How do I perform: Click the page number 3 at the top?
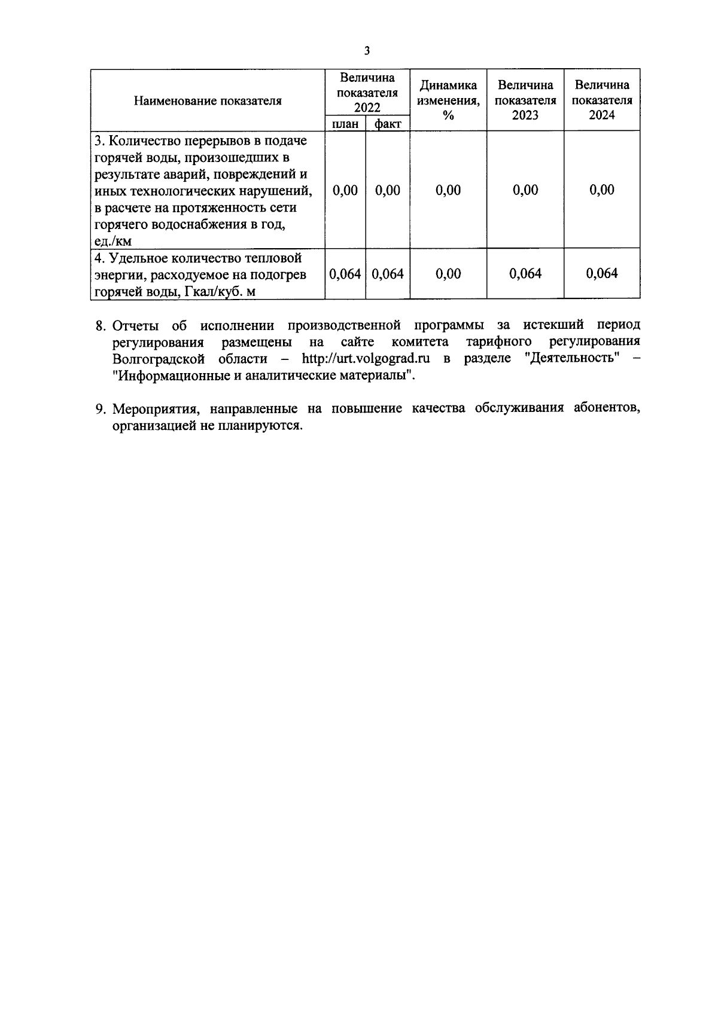pos(367,51)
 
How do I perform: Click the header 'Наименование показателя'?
pos(208,100)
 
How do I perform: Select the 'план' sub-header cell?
pos(345,124)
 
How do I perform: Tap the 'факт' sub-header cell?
pos(388,124)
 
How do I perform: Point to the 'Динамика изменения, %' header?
pos(448,100)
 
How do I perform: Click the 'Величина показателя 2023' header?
pos(525,100)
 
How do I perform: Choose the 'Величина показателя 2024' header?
pos(602,100)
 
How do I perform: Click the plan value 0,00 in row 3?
pos(345,190)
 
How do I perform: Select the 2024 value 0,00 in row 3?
pos(602,190)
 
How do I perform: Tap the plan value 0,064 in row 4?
pos(345,274)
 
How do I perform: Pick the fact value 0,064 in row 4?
pos(388,274)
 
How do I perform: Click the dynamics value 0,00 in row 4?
pos(448,274)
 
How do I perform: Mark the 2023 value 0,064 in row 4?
pos(525,274)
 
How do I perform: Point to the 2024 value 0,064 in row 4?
pos(602,274)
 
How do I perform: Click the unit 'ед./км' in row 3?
pos(113,242)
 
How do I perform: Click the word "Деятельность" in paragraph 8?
pos(575,359)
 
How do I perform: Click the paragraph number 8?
pos(100,326)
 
